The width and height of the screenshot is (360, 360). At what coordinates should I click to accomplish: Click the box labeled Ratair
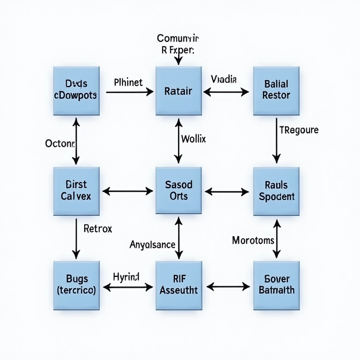(x=178, y=91)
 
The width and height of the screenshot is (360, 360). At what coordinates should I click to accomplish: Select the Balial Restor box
(x=276, y=90)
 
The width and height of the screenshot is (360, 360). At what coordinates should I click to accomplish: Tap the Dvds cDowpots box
(x=76, y=90)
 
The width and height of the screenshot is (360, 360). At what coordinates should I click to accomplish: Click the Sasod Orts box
(x=178, y=191)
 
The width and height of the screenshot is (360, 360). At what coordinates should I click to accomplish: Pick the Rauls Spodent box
(x=276, y=191)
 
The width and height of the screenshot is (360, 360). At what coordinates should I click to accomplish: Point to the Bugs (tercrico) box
(x=76, y=285)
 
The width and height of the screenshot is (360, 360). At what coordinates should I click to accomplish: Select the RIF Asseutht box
(x=178, y=285)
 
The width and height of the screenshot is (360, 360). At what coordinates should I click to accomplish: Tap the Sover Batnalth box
(x=276, y=285)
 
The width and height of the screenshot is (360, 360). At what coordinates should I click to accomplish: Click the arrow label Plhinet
(x=128, y=82)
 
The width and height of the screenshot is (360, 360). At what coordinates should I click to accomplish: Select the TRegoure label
(x=299, y=130)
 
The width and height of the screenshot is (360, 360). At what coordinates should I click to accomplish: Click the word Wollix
(x=193, y=139)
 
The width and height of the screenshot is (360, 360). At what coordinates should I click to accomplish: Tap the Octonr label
(x=60, y=143)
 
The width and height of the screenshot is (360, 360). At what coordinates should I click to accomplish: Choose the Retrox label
(x=97, y=229)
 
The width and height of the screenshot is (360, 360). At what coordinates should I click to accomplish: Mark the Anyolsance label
(x=152, y=244)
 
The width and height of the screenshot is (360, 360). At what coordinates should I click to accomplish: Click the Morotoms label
(x=253, y=240)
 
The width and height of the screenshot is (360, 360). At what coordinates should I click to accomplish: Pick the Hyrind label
(x=126, y=277)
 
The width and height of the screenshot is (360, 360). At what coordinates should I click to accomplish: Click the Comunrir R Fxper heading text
(x=178, y=44)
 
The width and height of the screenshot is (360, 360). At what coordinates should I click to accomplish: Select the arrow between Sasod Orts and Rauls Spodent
(x=227, y=191)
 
